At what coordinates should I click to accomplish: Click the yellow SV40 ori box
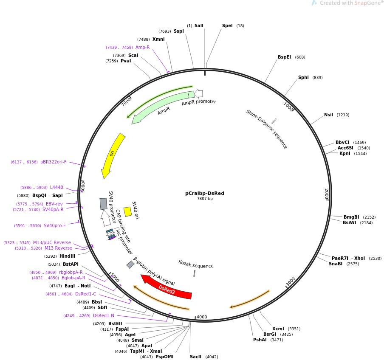[x=127, y=211]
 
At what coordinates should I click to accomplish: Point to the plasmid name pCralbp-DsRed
[x=205, y=193]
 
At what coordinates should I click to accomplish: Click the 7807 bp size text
[x=205, y=199]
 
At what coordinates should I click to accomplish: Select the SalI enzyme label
[x=199, y=25]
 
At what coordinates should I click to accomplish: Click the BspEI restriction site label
[x=285, y=57]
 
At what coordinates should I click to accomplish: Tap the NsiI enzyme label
[x=328, y=115]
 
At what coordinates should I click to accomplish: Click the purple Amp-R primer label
[x=142, y=47]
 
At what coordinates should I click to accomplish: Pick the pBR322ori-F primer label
[x=53, y=162]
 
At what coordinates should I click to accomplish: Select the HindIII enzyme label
[x=67, y=256]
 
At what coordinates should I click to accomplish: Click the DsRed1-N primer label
[x=104, y=315]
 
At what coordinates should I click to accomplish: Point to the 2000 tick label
[x=326, y=194]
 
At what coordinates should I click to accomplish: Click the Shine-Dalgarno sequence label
[x=267, y=129]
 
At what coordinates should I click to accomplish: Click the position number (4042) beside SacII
[x=212, y=357]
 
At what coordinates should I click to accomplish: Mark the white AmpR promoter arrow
[x=198, y=94]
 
